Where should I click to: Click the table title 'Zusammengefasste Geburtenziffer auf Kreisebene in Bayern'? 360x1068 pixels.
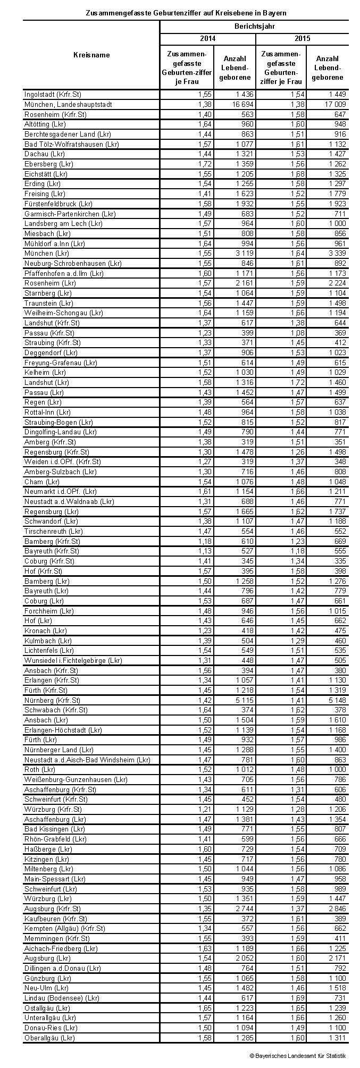click(186, 12)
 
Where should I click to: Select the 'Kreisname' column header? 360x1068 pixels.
click(91, 55)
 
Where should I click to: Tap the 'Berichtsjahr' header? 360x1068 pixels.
click(254, 26)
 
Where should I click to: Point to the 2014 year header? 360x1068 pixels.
click(207, 39)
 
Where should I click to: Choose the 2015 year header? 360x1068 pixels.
click(302, 39)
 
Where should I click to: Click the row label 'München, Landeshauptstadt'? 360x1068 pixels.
click(68, 104)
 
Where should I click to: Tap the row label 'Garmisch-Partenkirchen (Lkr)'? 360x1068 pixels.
click(70, 214)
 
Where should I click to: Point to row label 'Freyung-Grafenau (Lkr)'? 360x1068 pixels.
click(61, 363)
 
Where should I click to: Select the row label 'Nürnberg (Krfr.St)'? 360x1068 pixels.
click(52, 700)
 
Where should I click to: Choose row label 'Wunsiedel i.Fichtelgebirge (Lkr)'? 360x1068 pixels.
click(73, 660)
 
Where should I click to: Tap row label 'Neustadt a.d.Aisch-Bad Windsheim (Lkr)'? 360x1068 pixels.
click(87, 760)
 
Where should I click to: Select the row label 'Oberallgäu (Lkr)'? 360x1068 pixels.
click(49, 1038)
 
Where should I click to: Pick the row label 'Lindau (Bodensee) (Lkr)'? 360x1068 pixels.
click(62, 998)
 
